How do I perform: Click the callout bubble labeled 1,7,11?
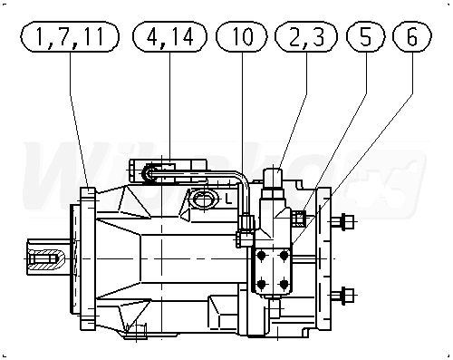70,36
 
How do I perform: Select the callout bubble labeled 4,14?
169,36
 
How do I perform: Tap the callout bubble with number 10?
242,36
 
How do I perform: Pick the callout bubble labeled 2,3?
306,36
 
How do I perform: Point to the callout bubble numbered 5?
366,36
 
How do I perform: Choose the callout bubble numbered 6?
412,36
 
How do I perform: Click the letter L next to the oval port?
228,199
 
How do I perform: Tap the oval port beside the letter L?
204,199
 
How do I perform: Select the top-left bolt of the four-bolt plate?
262,257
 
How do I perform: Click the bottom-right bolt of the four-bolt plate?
284,284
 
